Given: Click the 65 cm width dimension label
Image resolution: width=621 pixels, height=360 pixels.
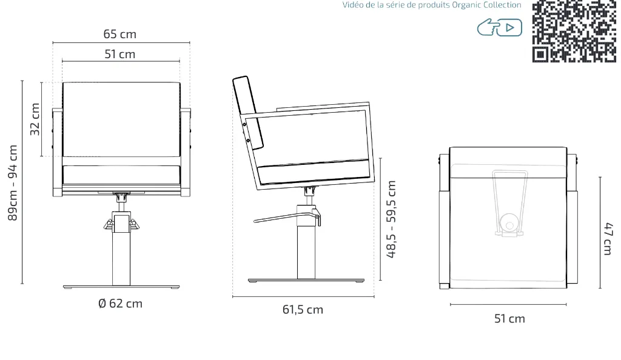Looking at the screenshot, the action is [x=120, y=34].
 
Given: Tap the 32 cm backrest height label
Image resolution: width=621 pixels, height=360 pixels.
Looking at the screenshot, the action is [x=35, y=119].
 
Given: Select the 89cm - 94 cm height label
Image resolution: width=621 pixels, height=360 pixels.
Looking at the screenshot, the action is [x=13, y=183].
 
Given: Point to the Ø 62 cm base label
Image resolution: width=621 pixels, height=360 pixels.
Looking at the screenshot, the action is [x=121, y=304].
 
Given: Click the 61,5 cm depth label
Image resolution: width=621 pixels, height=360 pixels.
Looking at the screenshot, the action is [x=303, y=309].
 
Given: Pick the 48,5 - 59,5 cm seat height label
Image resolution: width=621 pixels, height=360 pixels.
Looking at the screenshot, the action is [x=391, y=219].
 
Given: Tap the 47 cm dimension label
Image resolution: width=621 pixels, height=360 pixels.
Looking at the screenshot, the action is [x=609, y=239].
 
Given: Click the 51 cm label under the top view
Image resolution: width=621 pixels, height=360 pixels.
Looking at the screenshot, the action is [x=509, y=318].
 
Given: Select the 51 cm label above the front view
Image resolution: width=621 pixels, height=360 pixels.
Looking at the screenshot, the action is [x=120, y=54].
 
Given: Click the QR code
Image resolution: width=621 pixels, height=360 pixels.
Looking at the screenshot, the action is [x=574, y=32].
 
